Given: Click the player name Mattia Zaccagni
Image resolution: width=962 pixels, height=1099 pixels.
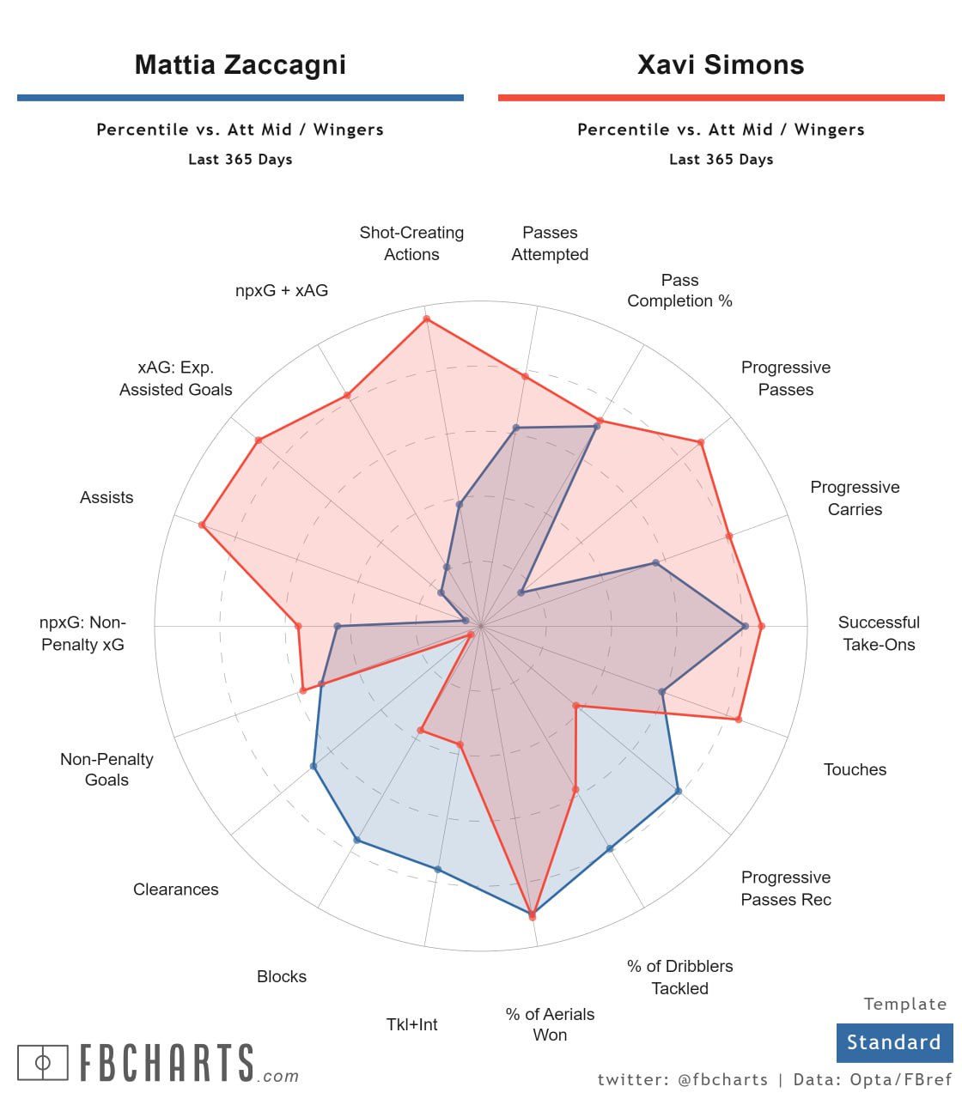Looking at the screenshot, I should (240, 65).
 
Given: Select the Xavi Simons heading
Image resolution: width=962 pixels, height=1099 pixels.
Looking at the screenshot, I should (721, 65).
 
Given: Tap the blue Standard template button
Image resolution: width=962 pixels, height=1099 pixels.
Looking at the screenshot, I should (894, 1042).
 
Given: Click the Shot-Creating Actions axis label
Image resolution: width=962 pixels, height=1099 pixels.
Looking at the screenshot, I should (411, 243).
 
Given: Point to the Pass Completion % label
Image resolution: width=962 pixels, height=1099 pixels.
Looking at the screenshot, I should (679, 290).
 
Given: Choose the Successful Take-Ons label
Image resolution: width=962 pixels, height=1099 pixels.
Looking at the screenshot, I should (878, 633).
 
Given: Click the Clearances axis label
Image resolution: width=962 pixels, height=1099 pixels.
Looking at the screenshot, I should (175, 890).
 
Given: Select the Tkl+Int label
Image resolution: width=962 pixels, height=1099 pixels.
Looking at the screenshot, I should (411, 1024).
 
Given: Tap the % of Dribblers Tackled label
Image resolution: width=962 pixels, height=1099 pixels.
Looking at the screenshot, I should (679, 977).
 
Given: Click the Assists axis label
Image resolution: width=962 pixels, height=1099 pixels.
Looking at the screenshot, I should (107, 497).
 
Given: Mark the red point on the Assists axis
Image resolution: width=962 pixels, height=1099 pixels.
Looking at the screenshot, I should (202, 525).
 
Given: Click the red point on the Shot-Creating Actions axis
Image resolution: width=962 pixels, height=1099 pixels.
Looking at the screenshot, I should (426, 319).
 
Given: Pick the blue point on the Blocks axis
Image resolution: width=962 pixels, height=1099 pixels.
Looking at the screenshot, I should (357, 841).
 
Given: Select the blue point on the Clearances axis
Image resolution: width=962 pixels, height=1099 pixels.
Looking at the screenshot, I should (314, 766).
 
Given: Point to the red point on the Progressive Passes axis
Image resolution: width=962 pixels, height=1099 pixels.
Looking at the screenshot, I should (701, 442).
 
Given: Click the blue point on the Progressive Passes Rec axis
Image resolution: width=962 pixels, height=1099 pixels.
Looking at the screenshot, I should (679, 792).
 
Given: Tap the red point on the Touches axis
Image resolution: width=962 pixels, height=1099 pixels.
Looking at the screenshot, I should (738, 719).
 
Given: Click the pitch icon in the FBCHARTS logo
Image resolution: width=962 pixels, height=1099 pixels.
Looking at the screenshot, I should (42, 1062).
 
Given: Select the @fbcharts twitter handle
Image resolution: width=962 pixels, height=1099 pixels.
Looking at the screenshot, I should (722, 1079).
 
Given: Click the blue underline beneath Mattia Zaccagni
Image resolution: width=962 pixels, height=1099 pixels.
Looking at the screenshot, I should (240, 98).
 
